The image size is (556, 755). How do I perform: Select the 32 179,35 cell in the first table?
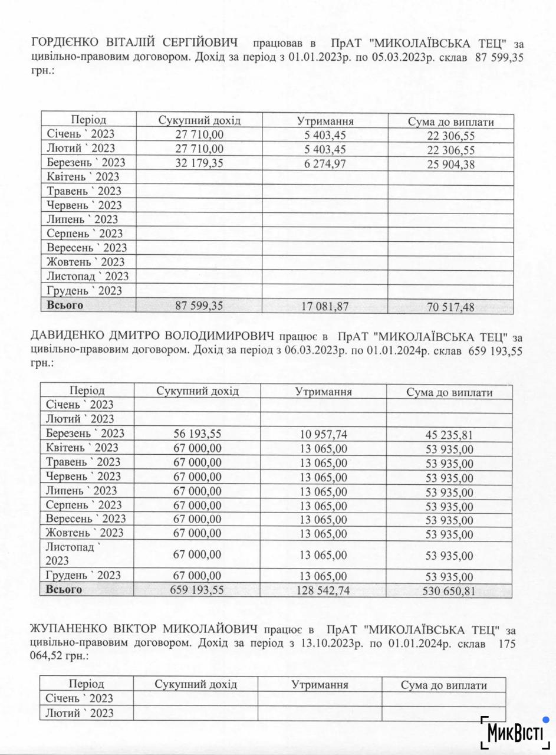tap(199, 163)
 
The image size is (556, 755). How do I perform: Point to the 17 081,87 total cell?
tap(325, 307)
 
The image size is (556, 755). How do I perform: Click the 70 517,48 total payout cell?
tap(451, 307)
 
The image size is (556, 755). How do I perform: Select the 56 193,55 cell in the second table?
tap(198, 434)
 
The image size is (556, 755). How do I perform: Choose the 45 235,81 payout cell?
tap(449, 435)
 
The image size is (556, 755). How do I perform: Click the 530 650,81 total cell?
tap(449, 591)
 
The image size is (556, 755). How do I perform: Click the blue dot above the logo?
tap(547, 720)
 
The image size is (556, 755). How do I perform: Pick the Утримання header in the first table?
tap(325, 122)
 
